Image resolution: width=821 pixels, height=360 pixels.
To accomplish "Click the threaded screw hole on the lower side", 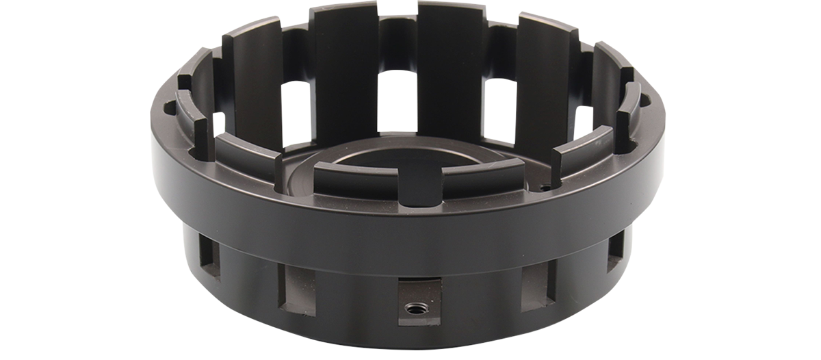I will [x=413, y=308].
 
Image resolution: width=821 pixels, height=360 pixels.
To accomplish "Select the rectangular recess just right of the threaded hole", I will [x=538, y=290].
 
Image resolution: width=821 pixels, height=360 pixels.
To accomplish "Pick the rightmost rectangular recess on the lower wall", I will [x=615, y=252].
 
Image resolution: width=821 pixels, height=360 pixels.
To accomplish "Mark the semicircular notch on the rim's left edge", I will [x=169, y=107].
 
